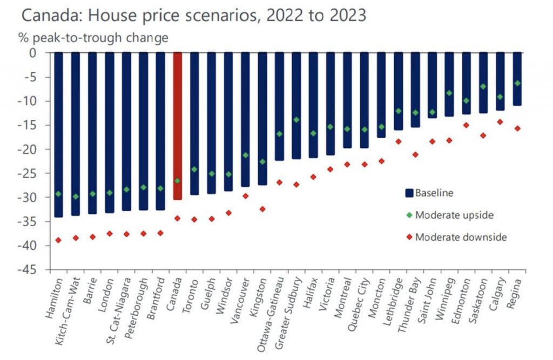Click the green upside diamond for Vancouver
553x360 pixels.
point(246,155)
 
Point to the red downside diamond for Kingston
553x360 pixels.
point(262,209)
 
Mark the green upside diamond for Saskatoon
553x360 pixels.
point(483,86)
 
